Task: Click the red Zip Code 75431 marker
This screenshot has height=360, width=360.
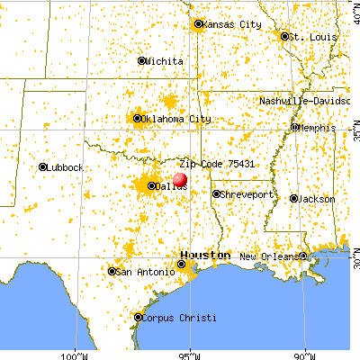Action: point(179,179)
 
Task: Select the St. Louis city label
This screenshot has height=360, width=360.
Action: point(311,37)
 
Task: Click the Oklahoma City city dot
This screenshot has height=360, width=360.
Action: point(138,118)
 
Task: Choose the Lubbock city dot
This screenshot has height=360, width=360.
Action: point(42,166)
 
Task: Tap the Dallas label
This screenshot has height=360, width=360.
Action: point(168,186)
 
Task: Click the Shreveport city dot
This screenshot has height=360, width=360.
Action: point(216,193)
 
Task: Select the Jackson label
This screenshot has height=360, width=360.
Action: point(318,198)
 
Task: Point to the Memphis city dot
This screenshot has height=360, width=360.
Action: point(294,127)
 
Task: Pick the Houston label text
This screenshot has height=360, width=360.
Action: point(204,256)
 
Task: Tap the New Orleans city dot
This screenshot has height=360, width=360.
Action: point(303,256)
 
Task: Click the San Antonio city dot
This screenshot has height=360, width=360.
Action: point(112,271)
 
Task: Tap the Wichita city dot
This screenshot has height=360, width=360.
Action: point(141,61)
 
